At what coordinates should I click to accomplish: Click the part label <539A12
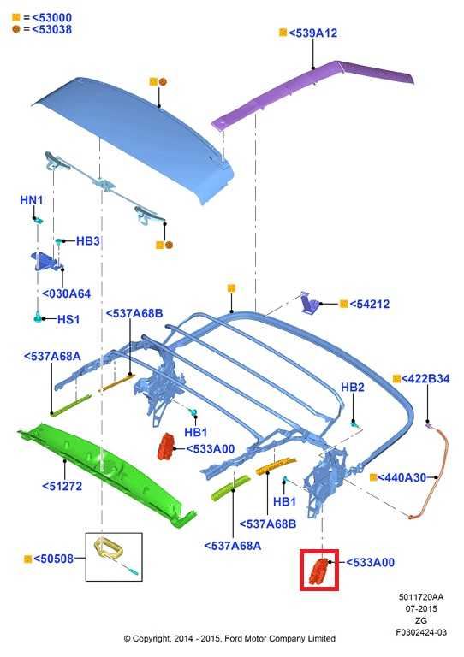coord(313,33)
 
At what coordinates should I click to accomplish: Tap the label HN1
coord(32,200)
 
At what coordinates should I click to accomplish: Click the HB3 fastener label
coord(87,241)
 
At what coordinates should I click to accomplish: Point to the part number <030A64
coord(67,293)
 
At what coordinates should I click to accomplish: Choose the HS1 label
coord(68,319)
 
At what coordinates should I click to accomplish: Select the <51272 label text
coord(62,487)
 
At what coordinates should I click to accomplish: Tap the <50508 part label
coord(53,559)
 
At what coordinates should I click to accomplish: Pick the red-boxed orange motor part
coord(319,571)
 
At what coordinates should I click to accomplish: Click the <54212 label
coord(369,305)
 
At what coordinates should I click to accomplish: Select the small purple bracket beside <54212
coord(310,303)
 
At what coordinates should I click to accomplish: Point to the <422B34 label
coord(425,379)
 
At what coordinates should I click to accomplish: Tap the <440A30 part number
coord(402,477)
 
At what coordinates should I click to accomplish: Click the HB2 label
coord(353,388)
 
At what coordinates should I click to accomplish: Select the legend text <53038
coord(51,29)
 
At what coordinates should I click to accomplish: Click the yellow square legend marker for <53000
coord(16,17)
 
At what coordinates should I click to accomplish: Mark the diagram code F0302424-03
coord(421,632)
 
